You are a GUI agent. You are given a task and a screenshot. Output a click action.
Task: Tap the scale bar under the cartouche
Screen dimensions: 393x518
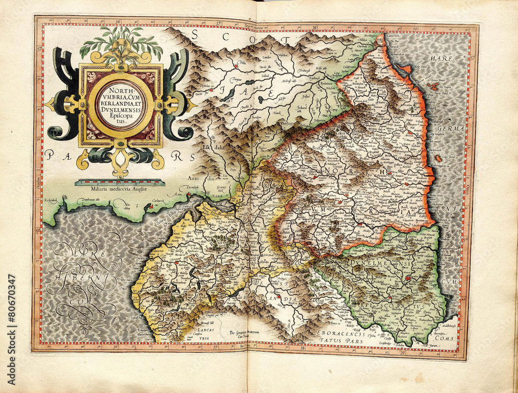[x=120, y=183]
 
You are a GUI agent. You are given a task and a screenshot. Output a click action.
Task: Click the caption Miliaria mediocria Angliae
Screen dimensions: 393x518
[x=119, y=189]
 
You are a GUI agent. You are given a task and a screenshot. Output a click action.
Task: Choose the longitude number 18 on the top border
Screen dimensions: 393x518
[x=315, y=24]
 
